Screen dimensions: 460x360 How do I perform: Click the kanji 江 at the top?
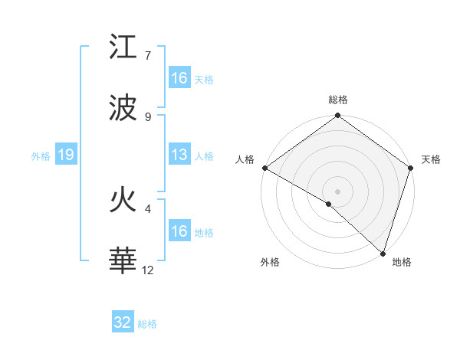123,48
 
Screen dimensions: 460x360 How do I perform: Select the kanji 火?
123,201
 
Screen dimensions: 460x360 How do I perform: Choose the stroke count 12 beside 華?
148,270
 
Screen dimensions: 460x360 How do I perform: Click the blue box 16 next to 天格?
179,78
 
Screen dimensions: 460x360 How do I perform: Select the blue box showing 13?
179,155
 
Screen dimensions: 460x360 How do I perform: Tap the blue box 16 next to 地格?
179,231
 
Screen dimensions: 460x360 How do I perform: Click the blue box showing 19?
66,155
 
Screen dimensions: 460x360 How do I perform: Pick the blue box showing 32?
123,322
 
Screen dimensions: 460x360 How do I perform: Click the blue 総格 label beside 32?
147,324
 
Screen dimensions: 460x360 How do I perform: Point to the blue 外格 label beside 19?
41,156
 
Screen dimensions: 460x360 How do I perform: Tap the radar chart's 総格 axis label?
337,100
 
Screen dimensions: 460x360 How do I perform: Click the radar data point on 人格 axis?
264,168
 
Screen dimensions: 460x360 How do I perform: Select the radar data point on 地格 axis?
383,253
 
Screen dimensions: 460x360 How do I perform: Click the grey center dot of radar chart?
337,191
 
